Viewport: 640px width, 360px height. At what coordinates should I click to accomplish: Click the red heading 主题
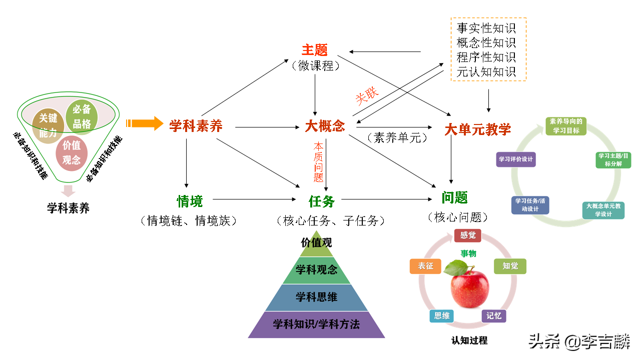point(314,50)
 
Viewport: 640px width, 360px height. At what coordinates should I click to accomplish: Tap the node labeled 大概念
point(325,126)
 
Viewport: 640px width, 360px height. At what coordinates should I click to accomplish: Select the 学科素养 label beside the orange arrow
point(196,126)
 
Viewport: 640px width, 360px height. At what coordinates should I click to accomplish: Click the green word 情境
point(190,201)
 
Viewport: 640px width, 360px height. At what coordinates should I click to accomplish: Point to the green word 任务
point(322,201)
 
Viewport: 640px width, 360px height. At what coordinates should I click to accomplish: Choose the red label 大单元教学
point(478,129)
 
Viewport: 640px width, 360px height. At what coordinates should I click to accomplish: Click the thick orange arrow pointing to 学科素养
point(145,123)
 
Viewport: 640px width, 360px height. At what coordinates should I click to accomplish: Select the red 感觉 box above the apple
point(467,235)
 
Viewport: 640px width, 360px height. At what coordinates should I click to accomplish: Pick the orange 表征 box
point(425,266)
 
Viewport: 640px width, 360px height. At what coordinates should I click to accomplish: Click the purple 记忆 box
point(494,315)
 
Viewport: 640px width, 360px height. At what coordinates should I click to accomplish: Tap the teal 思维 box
point(442,315)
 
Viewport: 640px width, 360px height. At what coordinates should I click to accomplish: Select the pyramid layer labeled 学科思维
point(316,297)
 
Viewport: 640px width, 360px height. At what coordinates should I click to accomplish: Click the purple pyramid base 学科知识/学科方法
point(316,324)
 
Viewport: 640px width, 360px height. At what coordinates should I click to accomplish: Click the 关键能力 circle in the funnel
point(48,125)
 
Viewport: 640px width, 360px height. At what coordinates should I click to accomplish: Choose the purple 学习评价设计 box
point(515,159)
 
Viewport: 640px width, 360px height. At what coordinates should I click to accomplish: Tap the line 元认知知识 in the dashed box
point(486,72)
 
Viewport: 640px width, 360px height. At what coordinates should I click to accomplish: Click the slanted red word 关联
point(367,95)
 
